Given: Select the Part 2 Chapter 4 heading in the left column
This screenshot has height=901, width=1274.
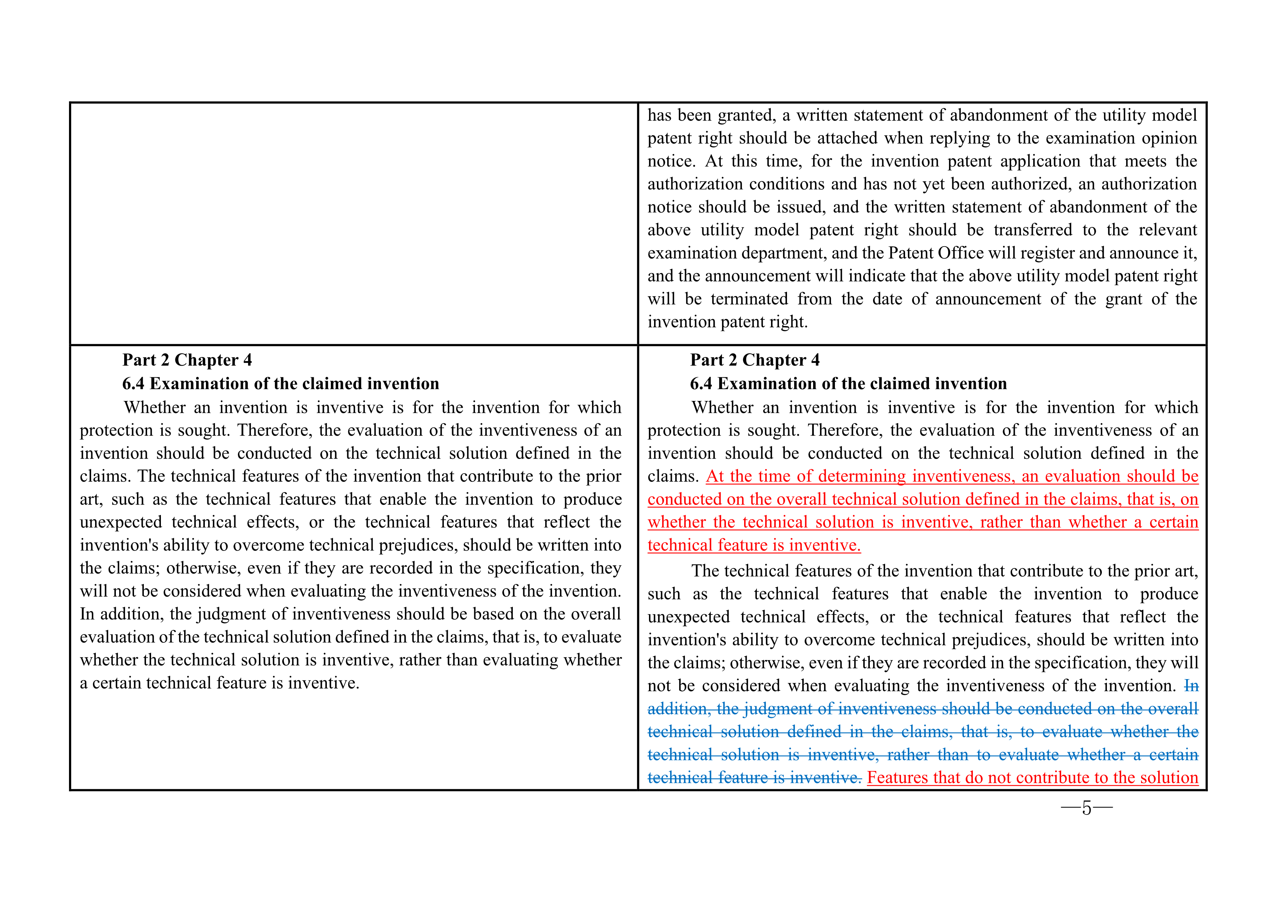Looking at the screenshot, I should [x=187, y=360].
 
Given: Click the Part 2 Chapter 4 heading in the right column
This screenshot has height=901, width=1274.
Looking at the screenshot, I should [x=755, y=360].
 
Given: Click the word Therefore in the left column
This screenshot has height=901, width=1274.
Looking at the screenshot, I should [x=274, y=431].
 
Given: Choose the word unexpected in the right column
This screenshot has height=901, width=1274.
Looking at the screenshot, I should [x=688, y=617].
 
